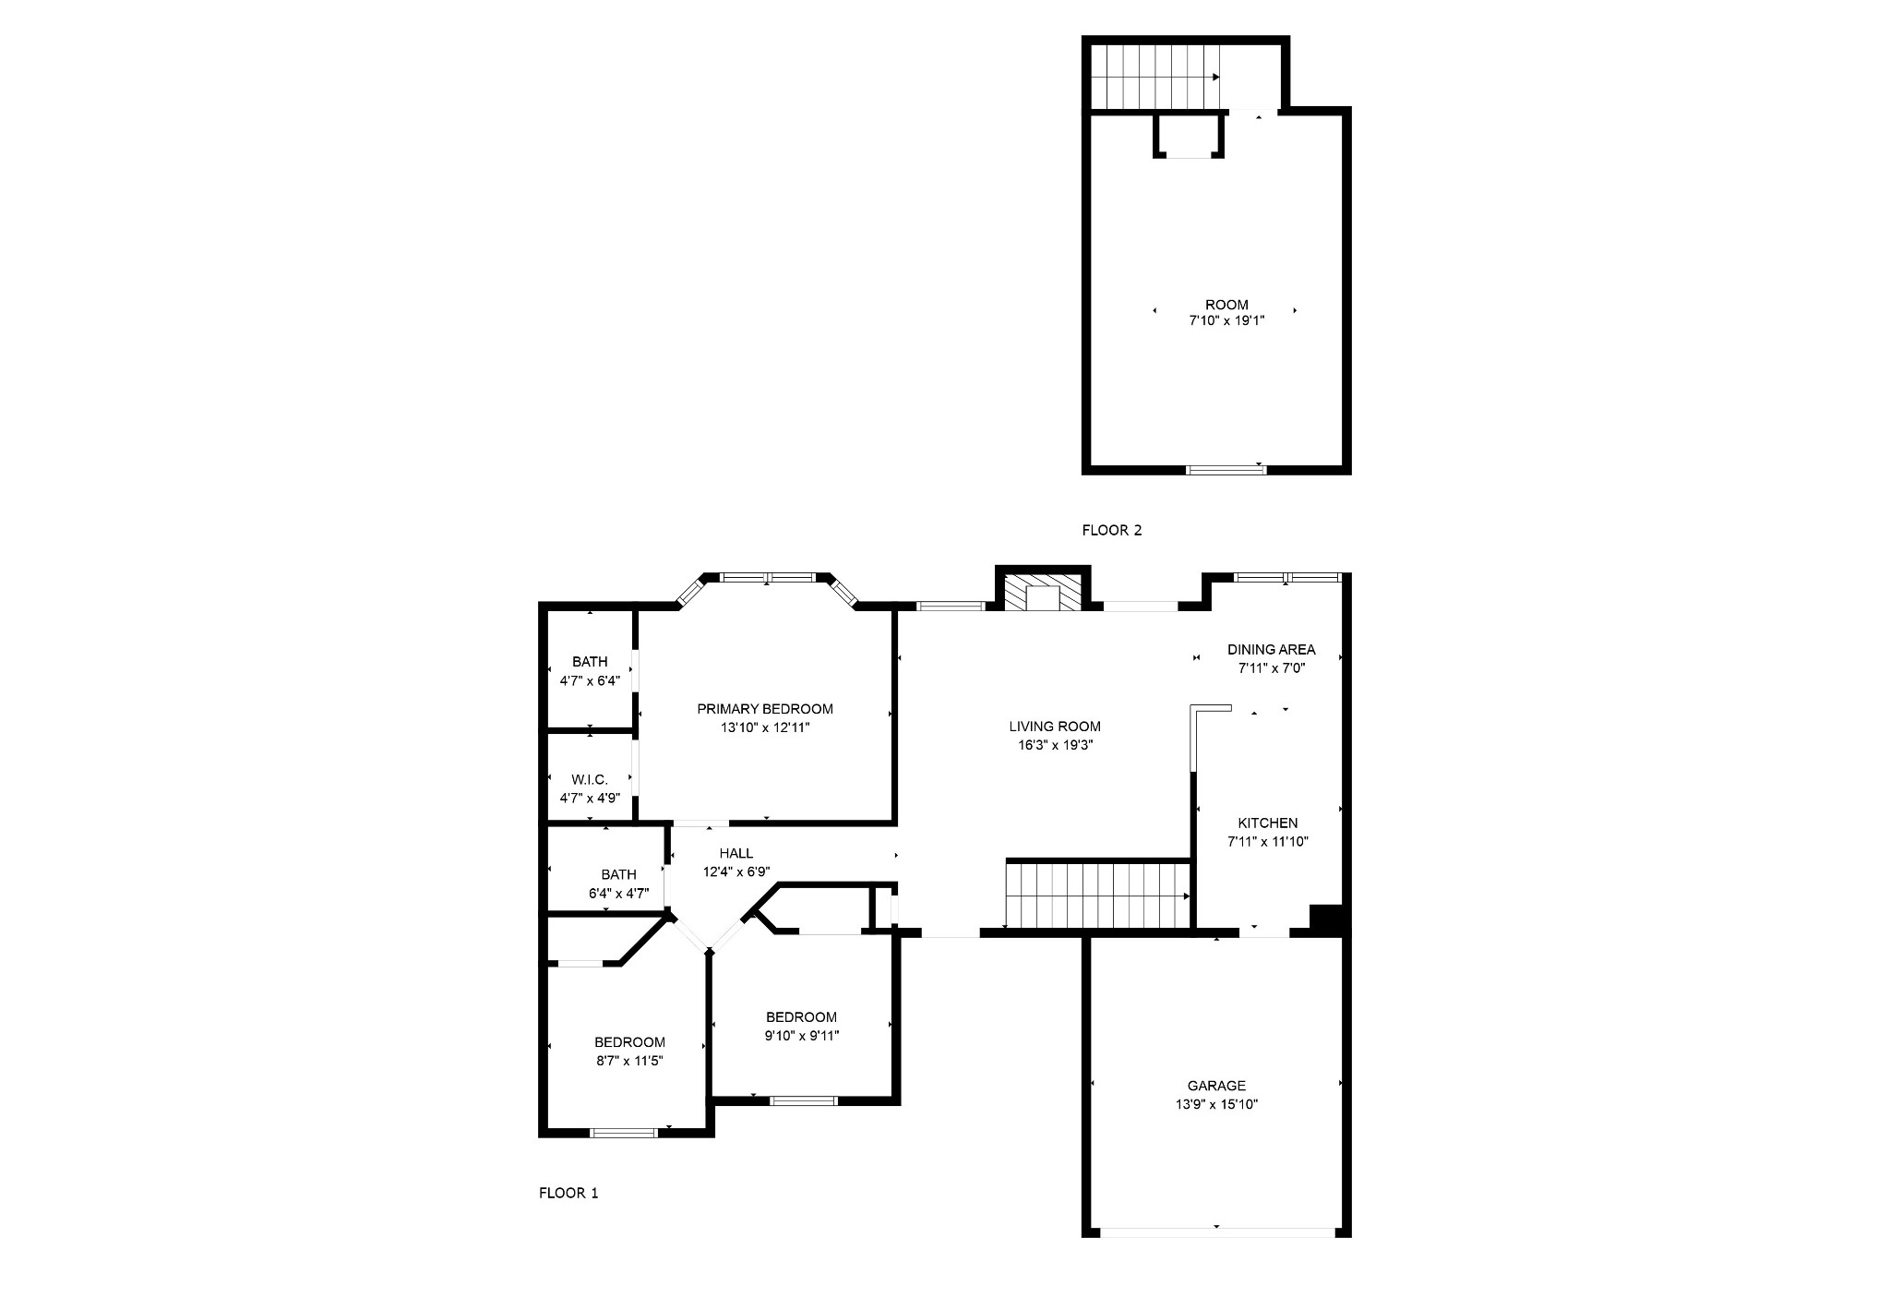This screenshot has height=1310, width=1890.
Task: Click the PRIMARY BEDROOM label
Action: coord(764,709)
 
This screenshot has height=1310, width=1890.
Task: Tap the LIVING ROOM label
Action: coord(1055,727)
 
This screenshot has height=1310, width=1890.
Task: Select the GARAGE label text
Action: coord(1216,1086)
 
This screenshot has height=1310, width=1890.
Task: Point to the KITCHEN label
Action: coord(1268,823)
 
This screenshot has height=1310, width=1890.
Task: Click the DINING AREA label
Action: coord(1271,649)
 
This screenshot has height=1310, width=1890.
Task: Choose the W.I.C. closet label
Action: coord(590,780)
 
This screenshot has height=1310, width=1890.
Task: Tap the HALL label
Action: coord(736,853)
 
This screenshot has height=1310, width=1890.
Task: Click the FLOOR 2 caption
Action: coord(1112,530)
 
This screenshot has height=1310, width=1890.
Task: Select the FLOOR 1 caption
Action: coord(568,1193)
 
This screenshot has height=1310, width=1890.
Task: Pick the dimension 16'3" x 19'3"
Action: coord(1055,745)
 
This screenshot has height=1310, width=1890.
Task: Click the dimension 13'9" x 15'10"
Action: coord(1216,1104)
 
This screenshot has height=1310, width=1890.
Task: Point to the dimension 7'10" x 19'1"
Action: coord(1226,321)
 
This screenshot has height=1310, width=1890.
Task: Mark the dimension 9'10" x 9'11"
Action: coord(802,1036)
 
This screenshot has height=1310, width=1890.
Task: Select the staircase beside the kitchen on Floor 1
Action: coord(1098,895)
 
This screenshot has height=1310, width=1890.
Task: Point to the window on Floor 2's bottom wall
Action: coord(1226,470)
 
